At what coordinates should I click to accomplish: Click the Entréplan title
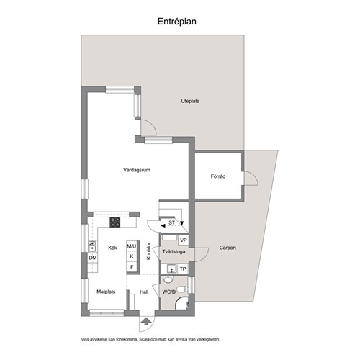click(x=177, y=22)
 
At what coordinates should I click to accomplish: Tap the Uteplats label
click(x=190, y=101)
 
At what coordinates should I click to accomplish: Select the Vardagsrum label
click(x=137, y=170)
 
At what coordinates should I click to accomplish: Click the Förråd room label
click(x=218, y=176)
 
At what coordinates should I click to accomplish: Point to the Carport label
click(x=228, y=248)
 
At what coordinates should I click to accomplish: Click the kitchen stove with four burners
click(x=115, y=222)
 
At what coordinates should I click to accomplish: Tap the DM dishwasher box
click(x=93, y=258)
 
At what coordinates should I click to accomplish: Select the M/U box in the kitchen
click(x=132, y=246)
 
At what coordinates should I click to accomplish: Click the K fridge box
click(x=132, y=256)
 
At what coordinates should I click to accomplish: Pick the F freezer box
click(x=132, y=267)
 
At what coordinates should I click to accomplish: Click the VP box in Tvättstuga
click(x=184, y=240)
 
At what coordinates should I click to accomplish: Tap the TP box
click(x=183, y=269)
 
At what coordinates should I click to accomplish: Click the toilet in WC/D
click(x=182, y=289)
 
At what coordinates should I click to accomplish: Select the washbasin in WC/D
click(x=168, y=279)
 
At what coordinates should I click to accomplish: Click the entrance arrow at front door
click(x=145, y=321)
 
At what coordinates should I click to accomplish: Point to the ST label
click(x=171, y=223)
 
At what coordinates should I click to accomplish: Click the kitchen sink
click(x=92, y=246)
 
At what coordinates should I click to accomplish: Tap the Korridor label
click(x=149, y=251)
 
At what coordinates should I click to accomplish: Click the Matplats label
click(x=106, y=292)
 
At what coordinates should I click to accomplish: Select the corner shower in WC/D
click(x=181, y=303)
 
